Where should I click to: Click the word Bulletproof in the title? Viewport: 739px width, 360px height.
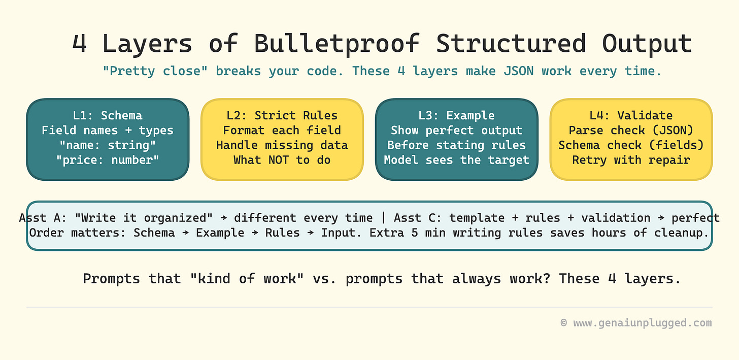pos(337,44)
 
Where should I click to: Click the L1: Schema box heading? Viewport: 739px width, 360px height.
pos(108,115)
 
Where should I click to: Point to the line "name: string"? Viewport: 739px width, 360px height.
pos(108,145)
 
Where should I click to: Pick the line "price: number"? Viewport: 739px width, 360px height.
pos(108,160)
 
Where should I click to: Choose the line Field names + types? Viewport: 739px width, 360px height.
pos(108,130)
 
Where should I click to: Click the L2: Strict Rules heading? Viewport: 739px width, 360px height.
pos(282,115)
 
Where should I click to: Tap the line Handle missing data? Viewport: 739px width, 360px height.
pos(282,145)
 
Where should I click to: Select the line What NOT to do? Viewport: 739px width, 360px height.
pos(282,160)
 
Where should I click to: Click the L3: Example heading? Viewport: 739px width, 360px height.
pos(456,115)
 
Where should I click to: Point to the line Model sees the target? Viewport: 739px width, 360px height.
pos(456,160)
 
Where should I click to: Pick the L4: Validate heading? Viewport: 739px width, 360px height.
pos(631,115)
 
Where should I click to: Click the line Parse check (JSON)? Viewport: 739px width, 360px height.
pos(631,130)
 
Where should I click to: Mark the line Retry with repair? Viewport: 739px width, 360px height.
pos(631,160)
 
